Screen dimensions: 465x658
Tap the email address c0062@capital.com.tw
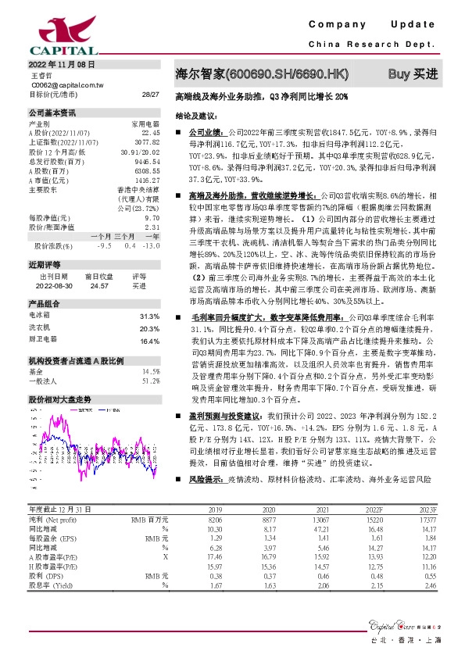(62, 84)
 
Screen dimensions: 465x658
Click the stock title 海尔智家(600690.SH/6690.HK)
(261, 73)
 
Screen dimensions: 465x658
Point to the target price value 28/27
(150, 94)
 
